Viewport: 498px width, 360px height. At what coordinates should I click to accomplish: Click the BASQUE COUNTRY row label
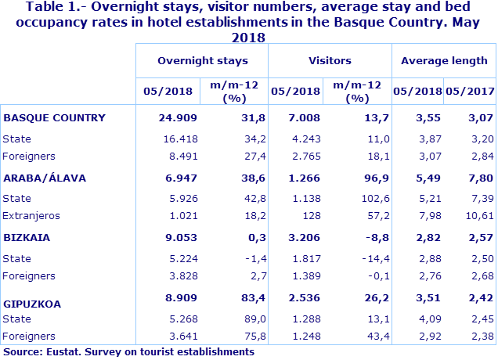pos(54,118)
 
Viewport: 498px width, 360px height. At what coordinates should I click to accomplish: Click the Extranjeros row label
pos(31,215)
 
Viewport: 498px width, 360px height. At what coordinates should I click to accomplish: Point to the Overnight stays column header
pos(202,60)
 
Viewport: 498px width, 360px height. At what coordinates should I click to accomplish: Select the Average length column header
pos(444,60)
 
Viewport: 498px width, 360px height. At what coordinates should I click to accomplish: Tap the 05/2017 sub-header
pos(471,91)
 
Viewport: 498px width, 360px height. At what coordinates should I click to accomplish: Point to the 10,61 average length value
pos(479,215)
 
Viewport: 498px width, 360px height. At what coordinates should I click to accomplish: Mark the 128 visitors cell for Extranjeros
pos(312,215)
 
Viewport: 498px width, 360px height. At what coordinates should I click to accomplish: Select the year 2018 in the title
pos(249,36)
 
